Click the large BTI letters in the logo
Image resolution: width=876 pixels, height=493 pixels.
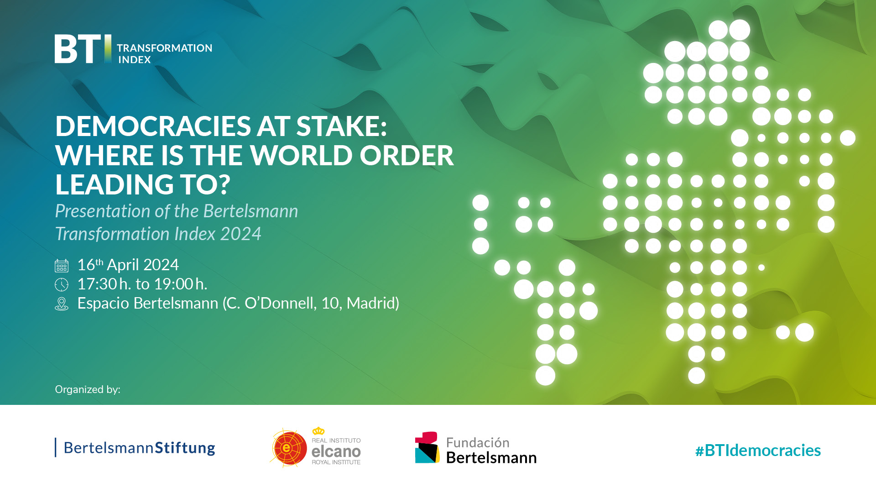[78, 49]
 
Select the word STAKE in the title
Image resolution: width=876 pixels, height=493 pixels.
[341, 126]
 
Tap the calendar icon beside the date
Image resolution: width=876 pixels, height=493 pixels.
[62, 266]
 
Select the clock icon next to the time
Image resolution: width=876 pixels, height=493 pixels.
[62, 285]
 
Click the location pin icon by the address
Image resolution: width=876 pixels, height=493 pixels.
[62, 304]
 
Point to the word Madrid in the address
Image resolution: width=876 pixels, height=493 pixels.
[372, 303]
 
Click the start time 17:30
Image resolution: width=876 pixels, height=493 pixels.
[97, 284]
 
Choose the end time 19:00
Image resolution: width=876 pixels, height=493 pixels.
[173, 284]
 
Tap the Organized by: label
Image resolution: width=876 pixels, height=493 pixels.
[88, 389]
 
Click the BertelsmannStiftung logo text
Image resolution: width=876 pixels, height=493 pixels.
[139, 448]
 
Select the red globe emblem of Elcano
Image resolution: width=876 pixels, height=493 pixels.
[288, 448]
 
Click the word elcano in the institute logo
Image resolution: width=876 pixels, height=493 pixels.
[336, 451]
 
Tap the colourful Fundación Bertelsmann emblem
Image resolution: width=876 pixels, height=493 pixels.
[427, 448]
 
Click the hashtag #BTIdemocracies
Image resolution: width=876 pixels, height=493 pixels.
[758, 451]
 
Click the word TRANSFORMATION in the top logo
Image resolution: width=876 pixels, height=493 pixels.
[164, 48]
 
